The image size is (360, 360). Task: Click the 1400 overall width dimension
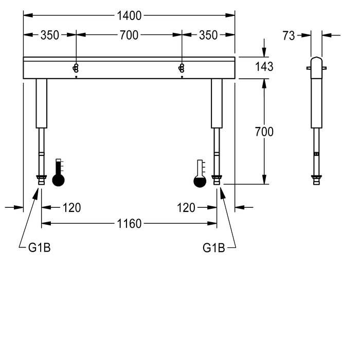coord(129,16)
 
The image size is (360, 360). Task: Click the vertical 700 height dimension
coord(264,132)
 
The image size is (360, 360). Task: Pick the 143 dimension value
coord(264,66)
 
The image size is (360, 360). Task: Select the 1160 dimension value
coord(129,224)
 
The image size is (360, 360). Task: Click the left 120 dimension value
coord(71,208)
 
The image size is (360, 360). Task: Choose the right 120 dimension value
coord(186,208)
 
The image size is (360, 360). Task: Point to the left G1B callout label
coord(39,248)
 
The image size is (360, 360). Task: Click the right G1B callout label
coord(214,248)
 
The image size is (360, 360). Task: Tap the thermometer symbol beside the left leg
coord(59,173)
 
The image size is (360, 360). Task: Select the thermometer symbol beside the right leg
coord(200,173)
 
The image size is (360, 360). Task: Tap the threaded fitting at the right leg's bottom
coord(217,179)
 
